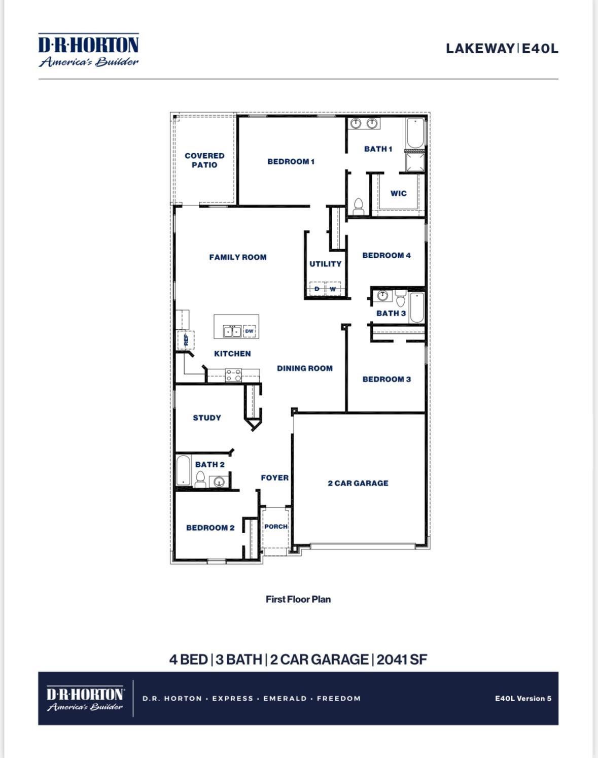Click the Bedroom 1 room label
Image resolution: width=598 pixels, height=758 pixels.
point(291,162)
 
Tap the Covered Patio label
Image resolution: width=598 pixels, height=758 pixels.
point(204,160)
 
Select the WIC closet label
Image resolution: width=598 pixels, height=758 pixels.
point(398,193)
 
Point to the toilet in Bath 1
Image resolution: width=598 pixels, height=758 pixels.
point(358,207)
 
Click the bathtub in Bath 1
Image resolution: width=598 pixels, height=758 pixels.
point(415,133)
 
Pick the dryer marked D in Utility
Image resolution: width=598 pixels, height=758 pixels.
point(317,289)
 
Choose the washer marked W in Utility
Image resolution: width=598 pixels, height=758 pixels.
point(333,289)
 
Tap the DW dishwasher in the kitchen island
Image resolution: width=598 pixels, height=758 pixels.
point(249,331)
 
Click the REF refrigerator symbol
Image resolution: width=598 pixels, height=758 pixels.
point(186,340)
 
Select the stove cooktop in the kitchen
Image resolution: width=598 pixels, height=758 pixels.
point(233,375)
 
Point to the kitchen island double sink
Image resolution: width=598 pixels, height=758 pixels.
point(232,331)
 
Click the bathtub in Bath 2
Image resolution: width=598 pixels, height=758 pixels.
point(183,471)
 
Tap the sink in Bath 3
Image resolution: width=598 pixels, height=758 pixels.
point(382,295)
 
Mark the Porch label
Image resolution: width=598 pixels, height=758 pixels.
point(276,527)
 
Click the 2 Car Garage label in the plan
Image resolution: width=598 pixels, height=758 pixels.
point(358,483)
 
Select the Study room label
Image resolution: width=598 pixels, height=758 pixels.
point(207,418)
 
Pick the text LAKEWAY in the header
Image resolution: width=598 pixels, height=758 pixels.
point(480,48)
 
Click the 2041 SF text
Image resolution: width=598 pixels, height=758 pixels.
point(402,660)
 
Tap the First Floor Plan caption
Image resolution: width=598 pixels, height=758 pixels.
point(298,600)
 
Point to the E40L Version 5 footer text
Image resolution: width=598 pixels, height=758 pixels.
point(523,699)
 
